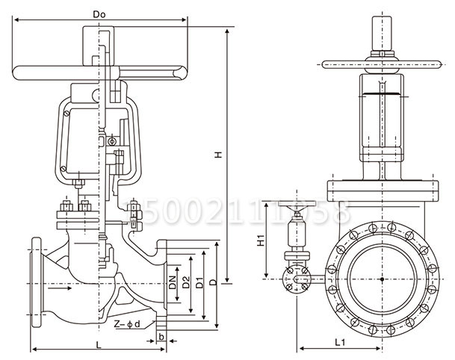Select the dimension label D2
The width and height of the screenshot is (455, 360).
point(186,282)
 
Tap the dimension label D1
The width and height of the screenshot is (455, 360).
point(199,284)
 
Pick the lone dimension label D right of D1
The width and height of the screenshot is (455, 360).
point(214,284)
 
